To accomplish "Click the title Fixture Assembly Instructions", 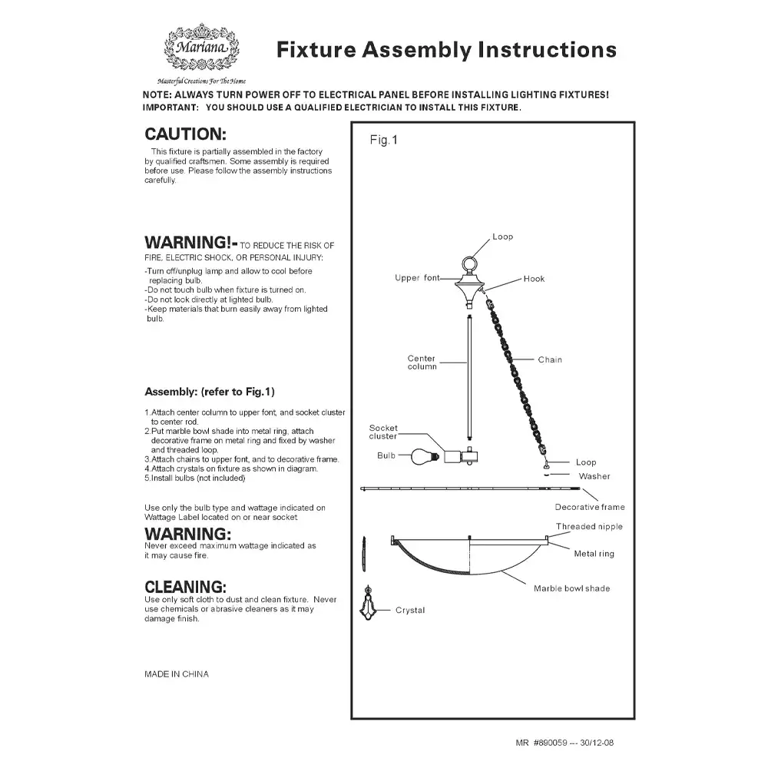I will tap(446, 50).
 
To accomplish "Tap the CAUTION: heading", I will tap(185, 134).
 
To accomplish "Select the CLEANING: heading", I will tap(185, 588).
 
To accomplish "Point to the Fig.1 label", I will tap(383, 141).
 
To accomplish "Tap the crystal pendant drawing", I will tap(368, 610).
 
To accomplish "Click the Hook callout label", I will tap(534, 279).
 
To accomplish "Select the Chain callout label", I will tap(550, 359).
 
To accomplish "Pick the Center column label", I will tap(422, 362).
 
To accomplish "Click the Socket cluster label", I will tap(383, 432).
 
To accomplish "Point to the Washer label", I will tap(594, 476).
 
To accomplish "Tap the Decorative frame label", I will tap(590, 507).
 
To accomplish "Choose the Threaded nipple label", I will tap(589, 527).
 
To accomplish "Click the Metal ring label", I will tap(594, 554).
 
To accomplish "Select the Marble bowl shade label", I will tap(571, 588).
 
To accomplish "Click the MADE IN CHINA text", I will tap(176, 674).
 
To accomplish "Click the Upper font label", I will tap(416, 278).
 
